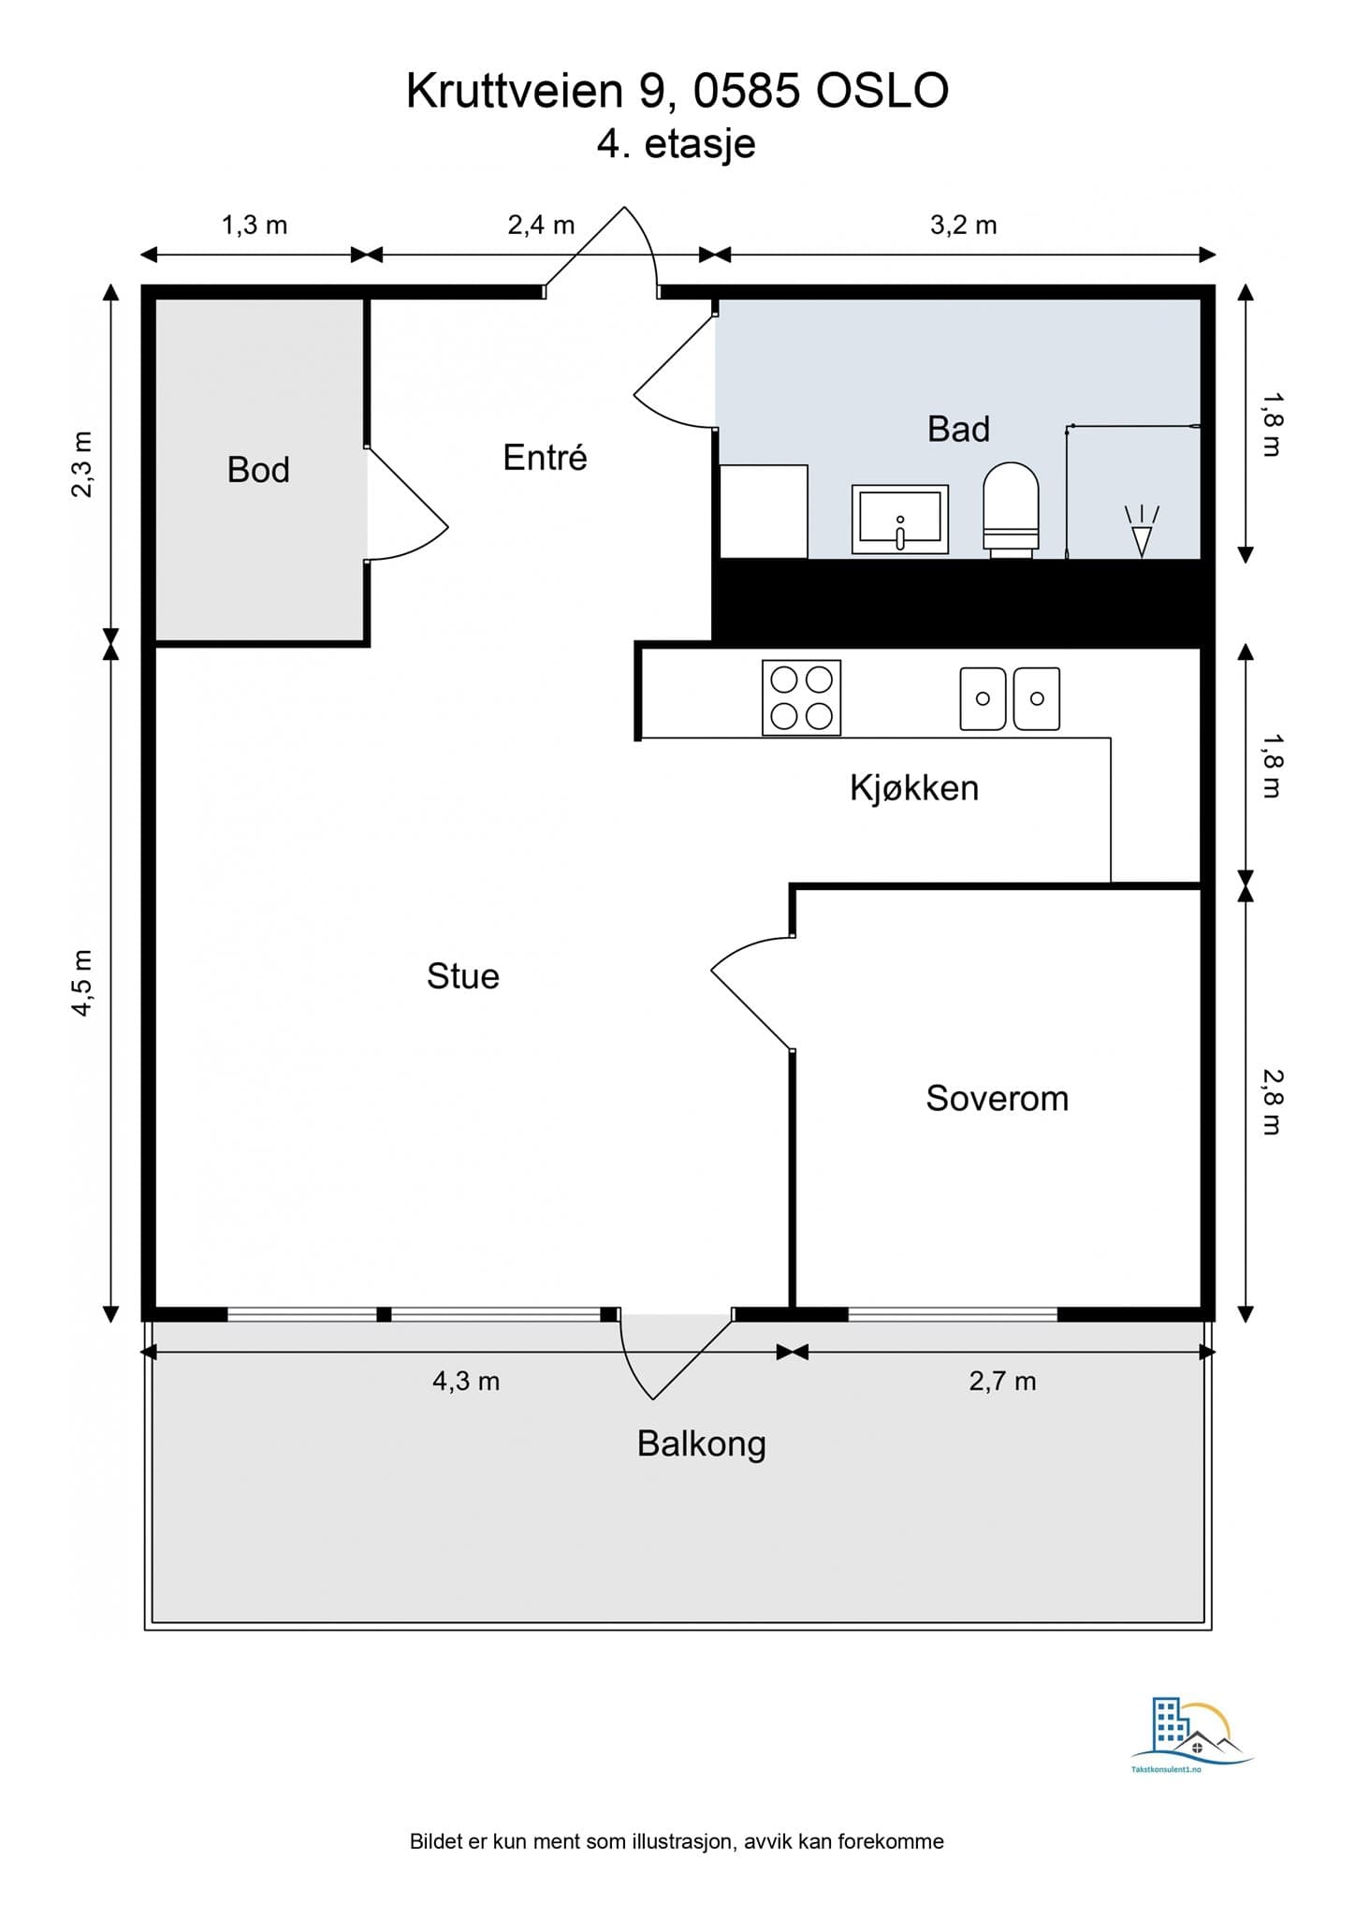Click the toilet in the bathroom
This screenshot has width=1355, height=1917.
point(1011,510)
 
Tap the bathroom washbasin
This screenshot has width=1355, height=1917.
point(900,519)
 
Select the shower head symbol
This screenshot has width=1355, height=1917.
point(1142,531)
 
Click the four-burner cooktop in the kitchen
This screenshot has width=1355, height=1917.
point(801,697)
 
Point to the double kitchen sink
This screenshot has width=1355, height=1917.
point(1010,698)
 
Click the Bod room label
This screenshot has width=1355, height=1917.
point(258,470)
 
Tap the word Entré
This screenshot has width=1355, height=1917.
point(545,457)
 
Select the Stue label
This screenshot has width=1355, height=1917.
point(463,976)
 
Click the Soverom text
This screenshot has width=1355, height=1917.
point(998,1098)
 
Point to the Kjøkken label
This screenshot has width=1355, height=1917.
point(914,788)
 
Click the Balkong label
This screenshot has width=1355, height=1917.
point(702,1444)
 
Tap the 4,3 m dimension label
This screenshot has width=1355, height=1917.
point(466,1382)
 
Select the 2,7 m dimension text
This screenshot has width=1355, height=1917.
point(1002,1382)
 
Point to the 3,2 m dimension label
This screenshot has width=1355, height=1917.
point(963,226)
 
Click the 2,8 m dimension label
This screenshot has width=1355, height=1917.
point(1272,1102)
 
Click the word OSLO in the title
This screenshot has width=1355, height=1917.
point(882,92)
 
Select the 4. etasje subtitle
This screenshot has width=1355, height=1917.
point(677,145)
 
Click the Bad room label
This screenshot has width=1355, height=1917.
point(958,429)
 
